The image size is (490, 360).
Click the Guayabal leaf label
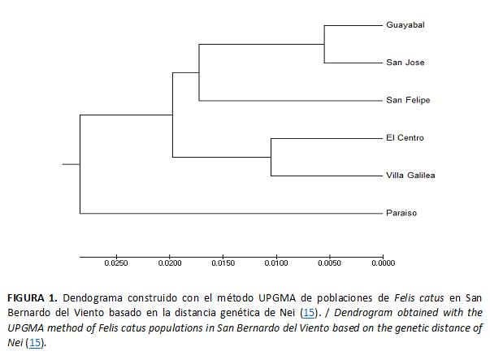(x=406, y=24)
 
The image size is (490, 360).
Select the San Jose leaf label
(x=405, y=62)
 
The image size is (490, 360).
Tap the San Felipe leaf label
(x=408, y=100)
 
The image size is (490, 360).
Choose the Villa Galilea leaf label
(x=411, y=176)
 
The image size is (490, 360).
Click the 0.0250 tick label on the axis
(x=116, y=263)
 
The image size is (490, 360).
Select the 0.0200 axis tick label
(x=170, y=263)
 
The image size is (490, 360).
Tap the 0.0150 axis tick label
(x=223, y=263)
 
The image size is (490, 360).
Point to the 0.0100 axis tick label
(x=276, y=263)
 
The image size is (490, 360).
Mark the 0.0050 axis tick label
(x=329, y=263)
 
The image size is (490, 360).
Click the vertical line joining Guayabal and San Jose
(x=324, y=44)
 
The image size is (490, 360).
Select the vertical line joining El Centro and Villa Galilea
(x=271, y=157)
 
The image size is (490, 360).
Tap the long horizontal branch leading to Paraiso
(x=228, y=214)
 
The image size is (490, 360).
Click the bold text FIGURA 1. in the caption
(x=32, y=297)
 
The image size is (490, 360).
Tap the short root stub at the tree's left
(x=71, y=164)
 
